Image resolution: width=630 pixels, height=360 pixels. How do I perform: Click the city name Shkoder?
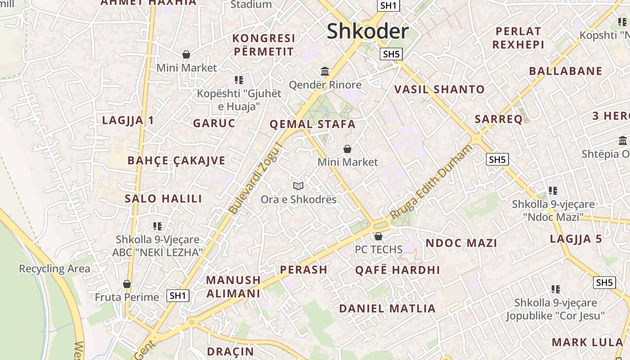(x=368, y=31)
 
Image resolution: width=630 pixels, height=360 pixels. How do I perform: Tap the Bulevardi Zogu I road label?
(x=255, y=179)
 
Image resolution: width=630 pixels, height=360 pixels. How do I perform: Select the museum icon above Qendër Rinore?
(x=325, y=71)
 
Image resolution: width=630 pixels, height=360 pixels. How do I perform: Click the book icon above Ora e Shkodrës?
(x=298, y=186)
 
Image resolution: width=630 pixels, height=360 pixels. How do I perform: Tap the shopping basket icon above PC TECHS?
(x=378, y=236)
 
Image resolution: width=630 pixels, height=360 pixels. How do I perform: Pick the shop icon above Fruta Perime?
(x=127, y=284)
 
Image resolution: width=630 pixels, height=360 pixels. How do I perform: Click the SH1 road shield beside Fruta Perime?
(x=178, y=296)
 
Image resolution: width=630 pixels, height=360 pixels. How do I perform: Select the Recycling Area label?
(x=54, y=269)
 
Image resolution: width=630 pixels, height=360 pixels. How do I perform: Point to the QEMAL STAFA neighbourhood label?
(x=312, y=125)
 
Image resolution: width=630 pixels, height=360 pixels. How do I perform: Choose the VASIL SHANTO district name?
(x=439, y=90)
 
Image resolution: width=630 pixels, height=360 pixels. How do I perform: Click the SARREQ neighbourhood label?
(x=499, y=119)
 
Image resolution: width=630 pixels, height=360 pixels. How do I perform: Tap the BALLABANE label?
(x=566, y=71)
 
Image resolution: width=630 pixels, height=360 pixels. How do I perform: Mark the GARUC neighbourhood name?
(x=214, y=123)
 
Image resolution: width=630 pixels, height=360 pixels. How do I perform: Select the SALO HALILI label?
(x=163, y=198)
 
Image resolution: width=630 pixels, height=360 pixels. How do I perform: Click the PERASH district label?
(x=304, y=270)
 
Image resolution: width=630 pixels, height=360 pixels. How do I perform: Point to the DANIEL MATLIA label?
(x=387, y=309)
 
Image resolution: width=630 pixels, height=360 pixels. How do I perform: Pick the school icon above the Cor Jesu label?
(x=556, y=289)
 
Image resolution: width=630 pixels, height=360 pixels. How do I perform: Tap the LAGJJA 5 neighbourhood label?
(x=576, y=239)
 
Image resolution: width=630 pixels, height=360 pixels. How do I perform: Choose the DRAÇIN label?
(x=230, y=351)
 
